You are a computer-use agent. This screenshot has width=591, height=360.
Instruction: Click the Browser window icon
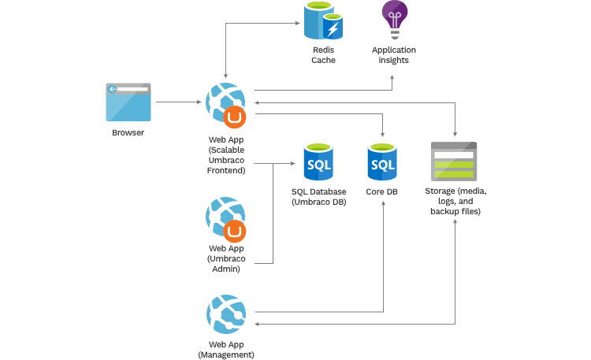pos(128,101)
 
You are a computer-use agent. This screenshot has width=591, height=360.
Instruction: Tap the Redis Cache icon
pos(324,21)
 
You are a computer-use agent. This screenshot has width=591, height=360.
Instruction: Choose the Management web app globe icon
pos(225,314)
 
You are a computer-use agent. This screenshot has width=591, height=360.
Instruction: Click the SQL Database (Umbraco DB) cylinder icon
pos(318,161)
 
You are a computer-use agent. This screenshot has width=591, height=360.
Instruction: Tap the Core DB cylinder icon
pos(382,161)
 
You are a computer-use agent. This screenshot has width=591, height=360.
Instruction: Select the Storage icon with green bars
pos(454,161)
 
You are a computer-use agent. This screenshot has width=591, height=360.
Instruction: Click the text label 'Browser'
pos(128,133)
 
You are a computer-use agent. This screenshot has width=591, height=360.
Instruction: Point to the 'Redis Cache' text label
pos(323,55)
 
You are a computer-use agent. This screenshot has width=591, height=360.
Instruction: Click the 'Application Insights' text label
pos(394,55)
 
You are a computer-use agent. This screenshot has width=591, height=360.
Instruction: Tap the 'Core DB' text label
pos(382,191)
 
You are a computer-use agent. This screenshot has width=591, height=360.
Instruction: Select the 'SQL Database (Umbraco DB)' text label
pos(318,197)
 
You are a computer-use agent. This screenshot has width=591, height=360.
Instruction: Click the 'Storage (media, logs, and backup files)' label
pos(456,202)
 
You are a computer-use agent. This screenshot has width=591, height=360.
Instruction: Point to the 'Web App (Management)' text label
pos(225,350)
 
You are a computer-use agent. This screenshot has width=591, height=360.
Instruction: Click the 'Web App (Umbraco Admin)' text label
pos(225,258)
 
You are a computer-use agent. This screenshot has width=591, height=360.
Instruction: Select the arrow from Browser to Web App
pos(177,102)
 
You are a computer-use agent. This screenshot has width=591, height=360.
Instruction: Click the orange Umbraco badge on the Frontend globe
pos(235,117)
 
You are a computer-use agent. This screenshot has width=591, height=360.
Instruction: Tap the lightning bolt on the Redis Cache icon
pos(333,29)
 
